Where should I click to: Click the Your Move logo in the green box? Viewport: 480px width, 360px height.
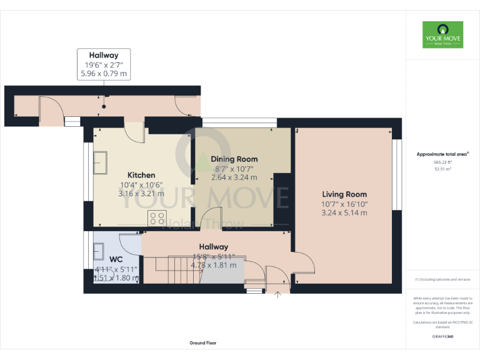coord(442,35)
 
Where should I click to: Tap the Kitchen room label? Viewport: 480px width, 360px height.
coord(141,175)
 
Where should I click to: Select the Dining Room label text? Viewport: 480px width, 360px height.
coord(234,159)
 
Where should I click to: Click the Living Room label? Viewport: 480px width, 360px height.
coord(344,194)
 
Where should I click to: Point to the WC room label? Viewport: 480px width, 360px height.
coord(116,259)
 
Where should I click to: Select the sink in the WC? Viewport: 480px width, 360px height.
coord(99,251)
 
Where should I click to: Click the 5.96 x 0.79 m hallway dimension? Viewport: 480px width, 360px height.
coord(104,74)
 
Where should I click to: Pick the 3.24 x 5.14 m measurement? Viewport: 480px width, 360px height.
coord(344,213)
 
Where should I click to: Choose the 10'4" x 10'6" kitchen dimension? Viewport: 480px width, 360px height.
coord(141,184)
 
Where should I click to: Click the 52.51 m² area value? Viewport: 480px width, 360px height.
coord(442,169)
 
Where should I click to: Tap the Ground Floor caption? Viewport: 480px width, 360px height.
coord(203,343)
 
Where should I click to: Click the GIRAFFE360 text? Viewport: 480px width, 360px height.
coord(442,336)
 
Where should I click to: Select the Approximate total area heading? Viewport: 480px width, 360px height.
coord(442,154)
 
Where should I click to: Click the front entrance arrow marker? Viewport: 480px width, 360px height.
coord(277,296)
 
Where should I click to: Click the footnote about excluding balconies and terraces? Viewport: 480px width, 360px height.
coord(442,279)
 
